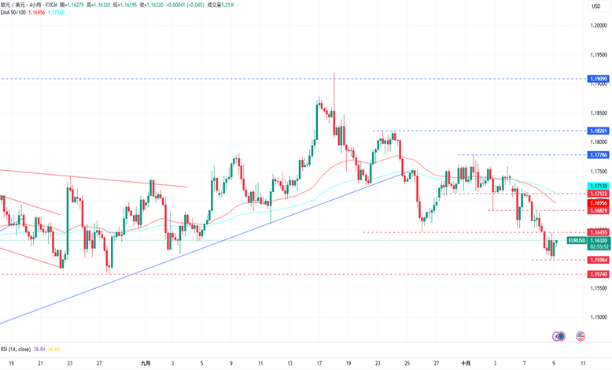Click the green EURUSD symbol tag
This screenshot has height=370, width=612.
(x=577, y=239)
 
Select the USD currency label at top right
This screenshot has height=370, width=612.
(x=595, y=6)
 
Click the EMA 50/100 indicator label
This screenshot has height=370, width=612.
(x=16, y=13)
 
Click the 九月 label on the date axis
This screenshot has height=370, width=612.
(x=146, y=364)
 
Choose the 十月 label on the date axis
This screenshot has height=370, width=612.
(x=466, y=364)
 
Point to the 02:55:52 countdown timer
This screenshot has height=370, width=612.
(x=577, y=246)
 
